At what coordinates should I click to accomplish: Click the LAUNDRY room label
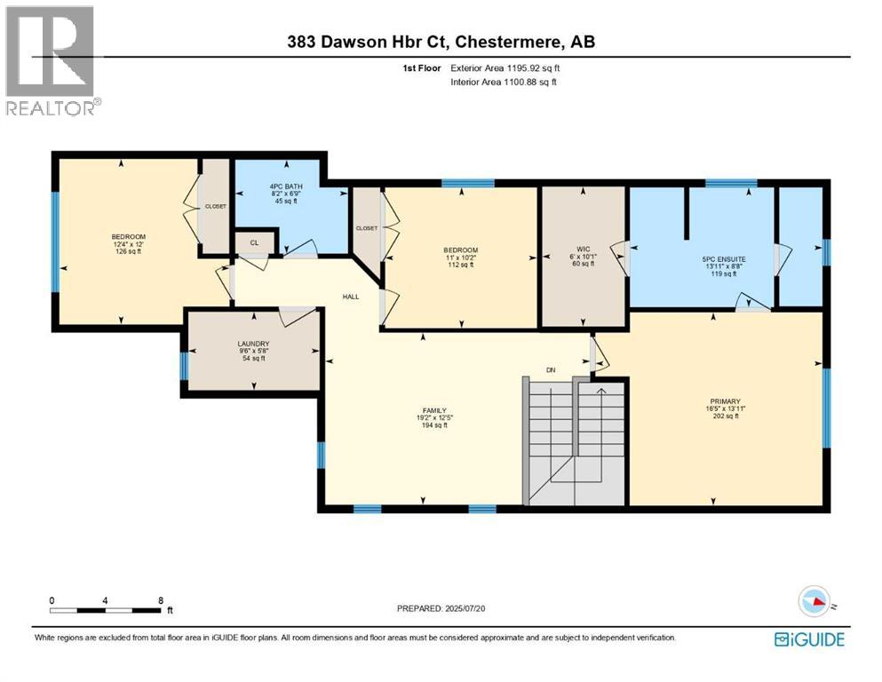pyautogui.click(x=253, y=344)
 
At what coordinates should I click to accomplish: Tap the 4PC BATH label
pyautogui.click(x=286, y=186)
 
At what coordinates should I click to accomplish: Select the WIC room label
pyautogui.click(x=584, y=249)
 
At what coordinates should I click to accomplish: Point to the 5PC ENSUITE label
pyautogui.click(x=724, y=259)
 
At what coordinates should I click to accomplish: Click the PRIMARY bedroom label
pyautogui.click(x=725, y=401)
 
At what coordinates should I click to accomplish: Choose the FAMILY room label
pyautogui.click(x=435, y=410)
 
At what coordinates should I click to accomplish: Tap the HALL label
pyautogui.click(x=351, y=297)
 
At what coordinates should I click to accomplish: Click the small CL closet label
pyautogui.click(x=254, y=243)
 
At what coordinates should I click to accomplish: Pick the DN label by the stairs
pyautogui.click(x=551, y=370)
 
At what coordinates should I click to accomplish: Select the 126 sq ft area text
pyautogui.click(x=129, y=251)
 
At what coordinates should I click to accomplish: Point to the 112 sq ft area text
pyautogui.click(x=461, y=265)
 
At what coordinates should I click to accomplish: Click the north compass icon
pyautogui.click(x=814, y=601)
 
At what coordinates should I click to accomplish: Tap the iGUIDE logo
pyautogui.click(x=809, y=639)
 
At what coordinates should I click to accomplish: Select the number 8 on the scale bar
pyautogui.click(x=161, y=600)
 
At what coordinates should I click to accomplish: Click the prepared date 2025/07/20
pyautogui.click(x=465, y=608)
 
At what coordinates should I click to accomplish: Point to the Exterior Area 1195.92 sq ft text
pyautogui.click(x=505, y=68)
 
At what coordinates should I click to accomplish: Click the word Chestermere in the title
pyautogui.click(x=508, y=42)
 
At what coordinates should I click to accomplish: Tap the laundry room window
pyautogui.click(x=184, y=366)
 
